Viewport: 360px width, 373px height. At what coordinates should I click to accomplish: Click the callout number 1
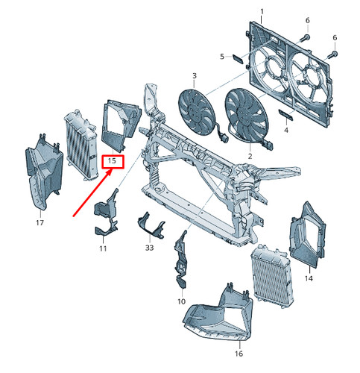coord(262,12)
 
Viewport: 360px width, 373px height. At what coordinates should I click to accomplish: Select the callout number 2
coord(250,156)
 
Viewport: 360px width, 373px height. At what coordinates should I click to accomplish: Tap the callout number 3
coord(195,75)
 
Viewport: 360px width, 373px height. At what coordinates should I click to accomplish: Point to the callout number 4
coord(286,130)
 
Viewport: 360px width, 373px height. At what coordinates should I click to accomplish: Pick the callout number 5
coord(222,57)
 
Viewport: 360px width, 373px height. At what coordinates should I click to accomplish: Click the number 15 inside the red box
coord(112,161)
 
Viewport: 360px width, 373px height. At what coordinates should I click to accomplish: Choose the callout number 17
coord(40,222)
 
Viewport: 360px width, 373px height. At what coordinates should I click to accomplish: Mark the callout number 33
coord(149,248)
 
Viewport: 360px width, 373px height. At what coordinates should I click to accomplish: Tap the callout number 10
coord(181,301)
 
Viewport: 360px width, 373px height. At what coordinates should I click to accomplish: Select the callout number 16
coord(239,354)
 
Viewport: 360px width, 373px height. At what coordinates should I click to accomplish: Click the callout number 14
coord(309,278)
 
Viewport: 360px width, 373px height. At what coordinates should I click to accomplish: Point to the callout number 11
coord(103,248)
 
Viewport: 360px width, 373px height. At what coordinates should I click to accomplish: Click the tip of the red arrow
coord(111,169)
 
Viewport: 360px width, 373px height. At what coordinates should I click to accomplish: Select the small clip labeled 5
coord(238,59)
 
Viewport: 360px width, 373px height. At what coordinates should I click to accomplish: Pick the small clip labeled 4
coord(285,115)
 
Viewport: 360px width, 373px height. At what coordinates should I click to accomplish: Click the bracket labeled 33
coord(151,228)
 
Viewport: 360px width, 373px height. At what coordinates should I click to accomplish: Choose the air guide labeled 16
coord(218,316)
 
